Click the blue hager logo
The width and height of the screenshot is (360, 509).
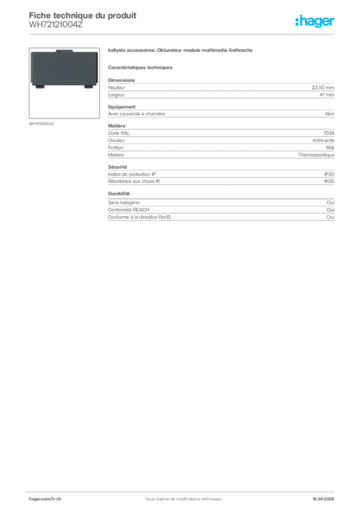pos(315,21)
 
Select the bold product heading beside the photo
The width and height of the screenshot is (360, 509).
pos(181,52)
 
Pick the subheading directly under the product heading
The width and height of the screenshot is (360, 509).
pos(141,68)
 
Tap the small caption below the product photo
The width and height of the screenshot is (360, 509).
pos(41,123)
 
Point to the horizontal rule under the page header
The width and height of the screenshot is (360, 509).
pos(183,34)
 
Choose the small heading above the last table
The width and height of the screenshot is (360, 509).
pos(119,193)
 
